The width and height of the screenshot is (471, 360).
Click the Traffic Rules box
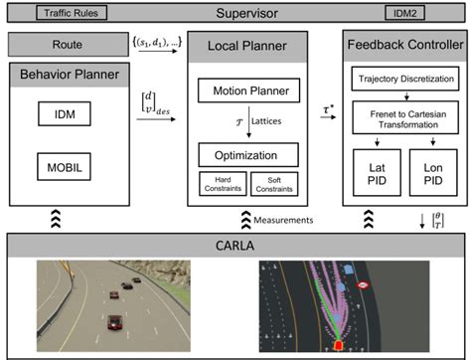click(69, 14)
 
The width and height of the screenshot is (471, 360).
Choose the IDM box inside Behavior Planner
click(68, 116)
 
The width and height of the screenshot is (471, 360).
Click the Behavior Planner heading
click(68, 74)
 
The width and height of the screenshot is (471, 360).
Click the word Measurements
click(285, 220)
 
